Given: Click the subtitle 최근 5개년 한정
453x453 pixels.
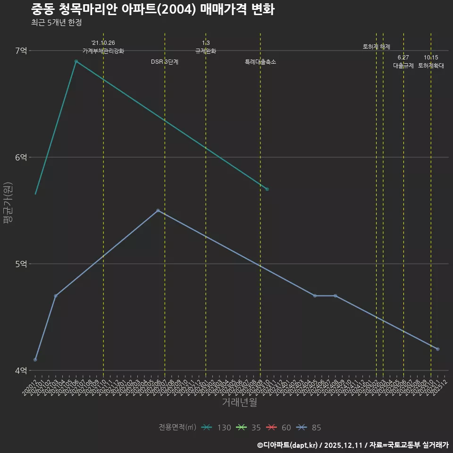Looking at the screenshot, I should click(56, 23).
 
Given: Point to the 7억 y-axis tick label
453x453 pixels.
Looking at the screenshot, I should click(21, 50).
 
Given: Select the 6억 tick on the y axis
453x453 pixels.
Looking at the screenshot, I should click(21, 157).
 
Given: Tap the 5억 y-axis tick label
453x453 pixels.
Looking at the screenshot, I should click(21, 264).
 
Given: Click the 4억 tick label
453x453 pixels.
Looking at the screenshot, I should click(21, 370).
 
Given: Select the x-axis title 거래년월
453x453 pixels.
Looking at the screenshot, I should click(239, 403).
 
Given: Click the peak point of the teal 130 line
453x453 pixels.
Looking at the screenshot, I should click(76, 61).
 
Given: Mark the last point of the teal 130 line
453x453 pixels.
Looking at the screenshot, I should click(267, 189).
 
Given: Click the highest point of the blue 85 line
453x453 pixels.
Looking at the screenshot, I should click(158, 210).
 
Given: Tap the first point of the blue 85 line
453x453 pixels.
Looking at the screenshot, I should click(35, 360).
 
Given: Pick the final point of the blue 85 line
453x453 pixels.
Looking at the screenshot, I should click(437, 349).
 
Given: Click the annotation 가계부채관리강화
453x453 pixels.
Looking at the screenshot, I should click(103, 51).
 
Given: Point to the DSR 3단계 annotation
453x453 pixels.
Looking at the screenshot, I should click(165, 62).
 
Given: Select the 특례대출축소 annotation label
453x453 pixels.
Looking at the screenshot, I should click(260, 62).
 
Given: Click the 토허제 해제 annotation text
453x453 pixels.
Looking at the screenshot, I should click(377, 47).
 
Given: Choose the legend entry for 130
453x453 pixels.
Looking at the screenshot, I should click(216, 428).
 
